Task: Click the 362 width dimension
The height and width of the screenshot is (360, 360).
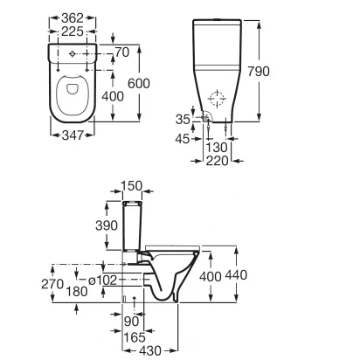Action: (x=73, y=17)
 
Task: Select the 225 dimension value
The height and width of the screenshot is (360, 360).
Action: (x=73, y=31)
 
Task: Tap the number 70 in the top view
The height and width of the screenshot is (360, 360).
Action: (x=122, y=52)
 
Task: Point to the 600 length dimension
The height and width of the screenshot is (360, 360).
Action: (x=139, y=84)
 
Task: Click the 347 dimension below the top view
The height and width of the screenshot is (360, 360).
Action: (x=73, y=135)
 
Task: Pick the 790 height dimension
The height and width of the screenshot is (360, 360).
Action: (x=259, y=72)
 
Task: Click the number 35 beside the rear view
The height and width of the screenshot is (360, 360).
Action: (x=183, y=119)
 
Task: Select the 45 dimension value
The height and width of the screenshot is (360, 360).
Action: (x=183, y=139)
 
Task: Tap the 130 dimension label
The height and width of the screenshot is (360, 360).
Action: (x=217, y=148)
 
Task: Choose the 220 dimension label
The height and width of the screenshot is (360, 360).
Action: (x=218, y=161)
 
